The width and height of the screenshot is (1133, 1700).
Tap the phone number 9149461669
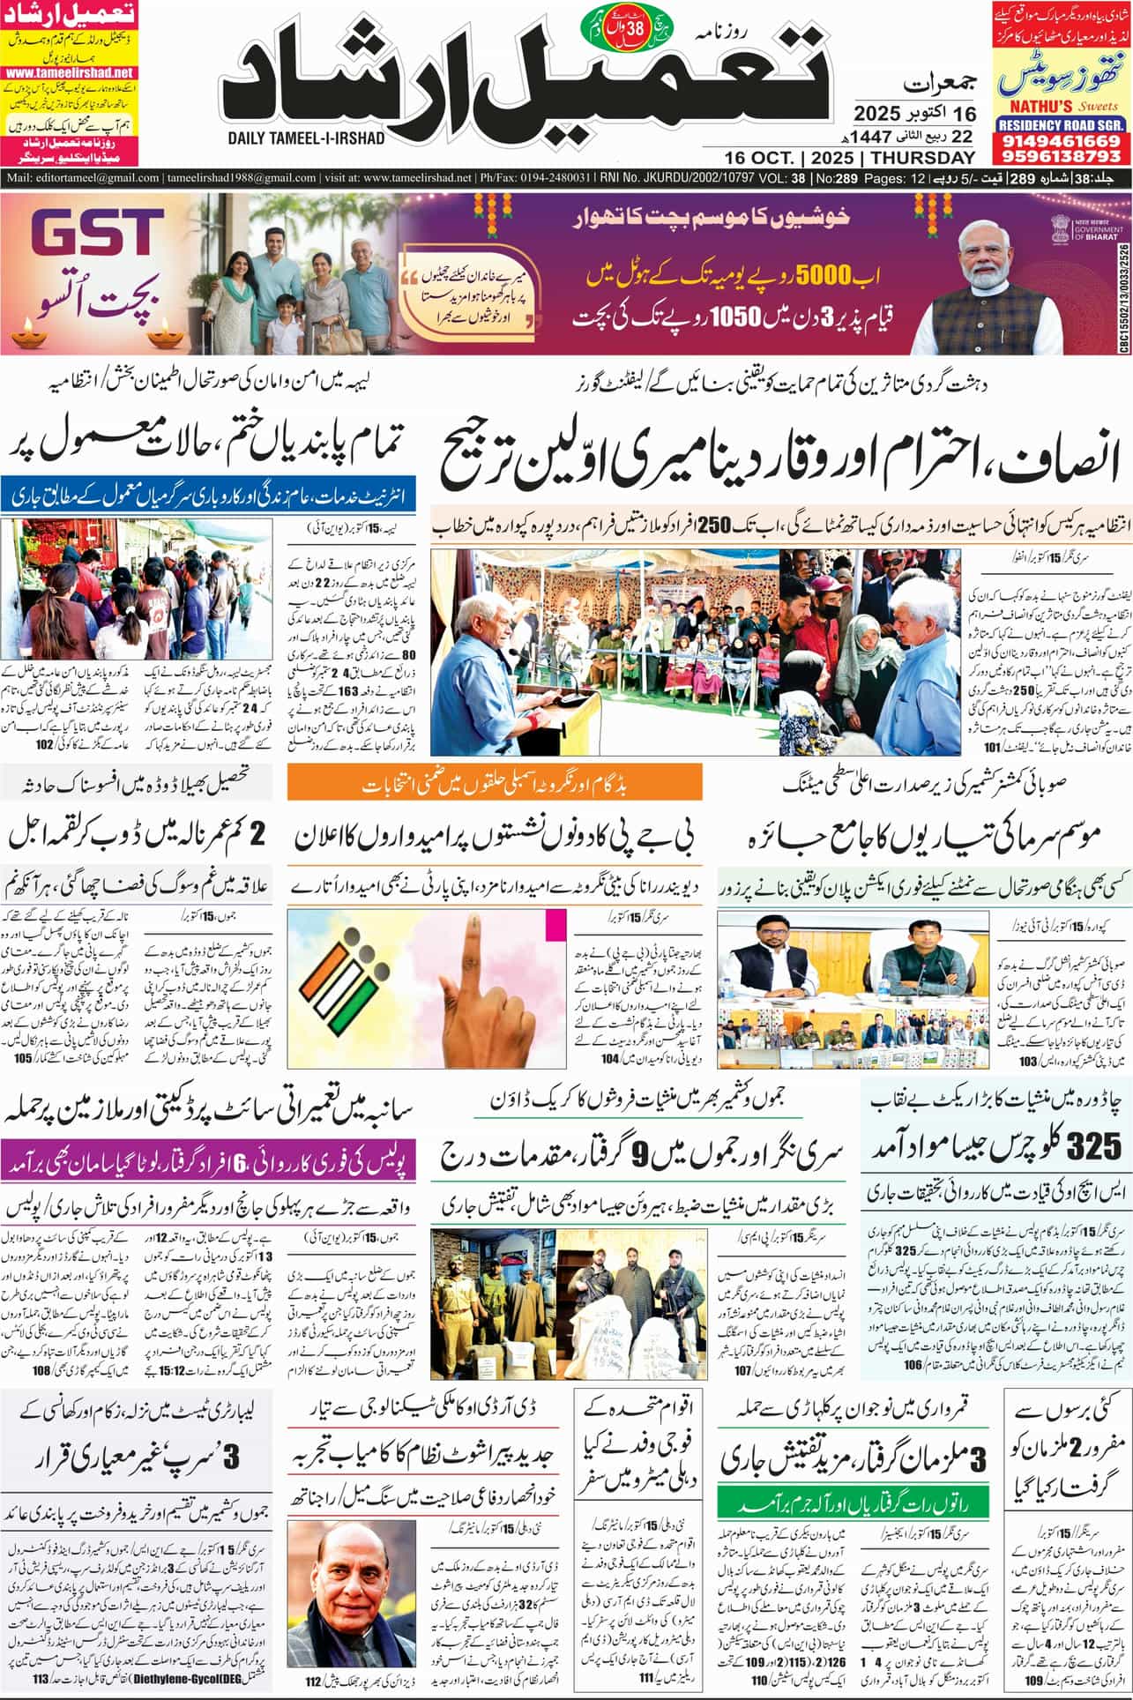(x=1061, y=141)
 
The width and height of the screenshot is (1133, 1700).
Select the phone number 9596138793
(x=1061, y=156)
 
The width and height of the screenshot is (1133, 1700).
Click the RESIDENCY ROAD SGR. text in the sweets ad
(x=1061, y=125)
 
